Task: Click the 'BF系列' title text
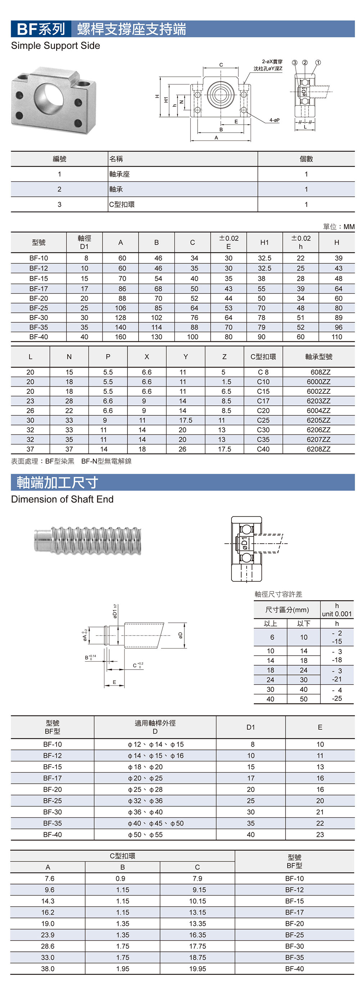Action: (41, 29)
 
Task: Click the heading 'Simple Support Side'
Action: (55, 46)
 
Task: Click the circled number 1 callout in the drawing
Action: (318, 62)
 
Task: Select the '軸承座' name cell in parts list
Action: (119, 174)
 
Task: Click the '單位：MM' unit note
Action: (338, 226)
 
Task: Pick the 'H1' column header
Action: (264, 242)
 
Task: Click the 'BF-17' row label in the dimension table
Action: (39, 289)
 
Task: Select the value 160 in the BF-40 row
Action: (120, 337)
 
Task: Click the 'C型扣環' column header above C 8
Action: (263, 357)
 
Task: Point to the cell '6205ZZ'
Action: (319, 420)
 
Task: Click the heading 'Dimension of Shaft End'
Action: (62, 499)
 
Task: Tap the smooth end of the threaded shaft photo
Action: (42, 541)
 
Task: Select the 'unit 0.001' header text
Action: (337, 614)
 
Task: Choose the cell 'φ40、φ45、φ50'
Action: (156, 823)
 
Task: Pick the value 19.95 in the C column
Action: (197, 969)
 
